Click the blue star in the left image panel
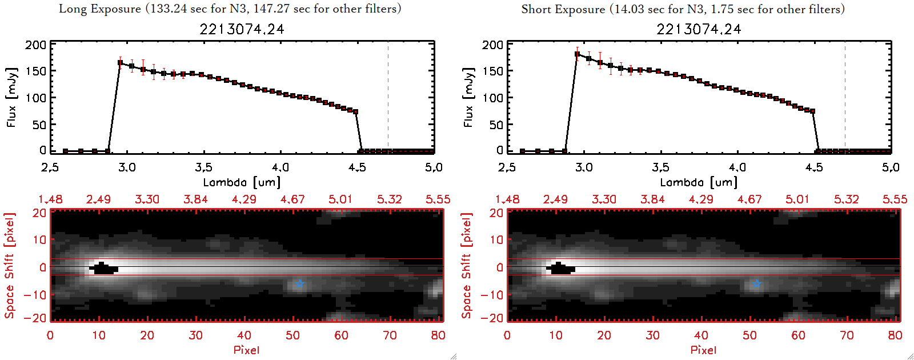pyautogui.click(x=299, y=284)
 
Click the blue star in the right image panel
pyautogui.click(x=756, y=284)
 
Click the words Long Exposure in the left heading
pyautogui.click(x=100, y=9)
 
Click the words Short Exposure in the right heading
pyautogui.click(x=563, y=9)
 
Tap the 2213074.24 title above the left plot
pyautogui.click(x=242, y=29)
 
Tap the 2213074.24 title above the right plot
pyautogui.click(x=699, y=29)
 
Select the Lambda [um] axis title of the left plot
pyautogui.click(x=242, y=182)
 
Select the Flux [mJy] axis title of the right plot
pyautogui.click(x=468, y=97)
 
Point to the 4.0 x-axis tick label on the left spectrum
pyautogui.click(x=280, y=167)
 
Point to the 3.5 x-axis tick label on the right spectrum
pyautogui.click(x=660, y=167)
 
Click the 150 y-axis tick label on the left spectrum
pyautogui.click(x=35, y=71)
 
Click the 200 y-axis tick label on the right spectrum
pyautogui.click(x=492, y=45)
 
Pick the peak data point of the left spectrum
pyautogui.click(x=120, y=63)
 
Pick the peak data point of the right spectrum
pyautogui.click(x=577, y=54)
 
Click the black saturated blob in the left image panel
pyautogui.click(x=103, y=269)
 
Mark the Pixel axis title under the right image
pyautogui.click(x=703, y=350)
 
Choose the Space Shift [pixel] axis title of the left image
pyautogui.click(x=9, y=265)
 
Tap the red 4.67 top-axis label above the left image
pyautogui.click(x=292, y=199)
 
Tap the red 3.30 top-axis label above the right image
pyautogui.click(x=604, y=199)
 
